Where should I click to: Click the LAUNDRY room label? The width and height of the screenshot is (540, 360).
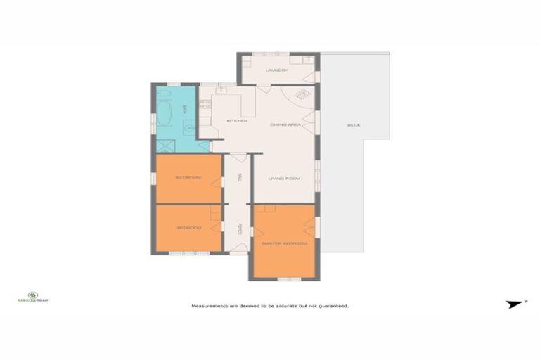[276, 70]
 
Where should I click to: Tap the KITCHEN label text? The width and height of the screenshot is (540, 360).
[237, 121]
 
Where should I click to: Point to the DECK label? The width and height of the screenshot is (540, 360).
[353, 125]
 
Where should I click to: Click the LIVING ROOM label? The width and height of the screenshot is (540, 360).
[284, 179]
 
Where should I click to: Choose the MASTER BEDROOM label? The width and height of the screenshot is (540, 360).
[285, 243]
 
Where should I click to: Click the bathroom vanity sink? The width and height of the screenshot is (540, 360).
[188, 128]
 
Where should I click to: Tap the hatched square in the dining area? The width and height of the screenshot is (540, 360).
[302, 94]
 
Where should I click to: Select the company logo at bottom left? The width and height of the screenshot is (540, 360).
[32, 297]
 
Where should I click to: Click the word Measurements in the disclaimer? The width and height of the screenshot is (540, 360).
[211, 306]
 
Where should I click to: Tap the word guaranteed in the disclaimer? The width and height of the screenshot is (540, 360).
[333, 306]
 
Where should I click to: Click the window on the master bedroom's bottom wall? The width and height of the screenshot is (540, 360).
[285, 279]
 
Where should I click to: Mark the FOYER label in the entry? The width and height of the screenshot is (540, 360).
[240, 229]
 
